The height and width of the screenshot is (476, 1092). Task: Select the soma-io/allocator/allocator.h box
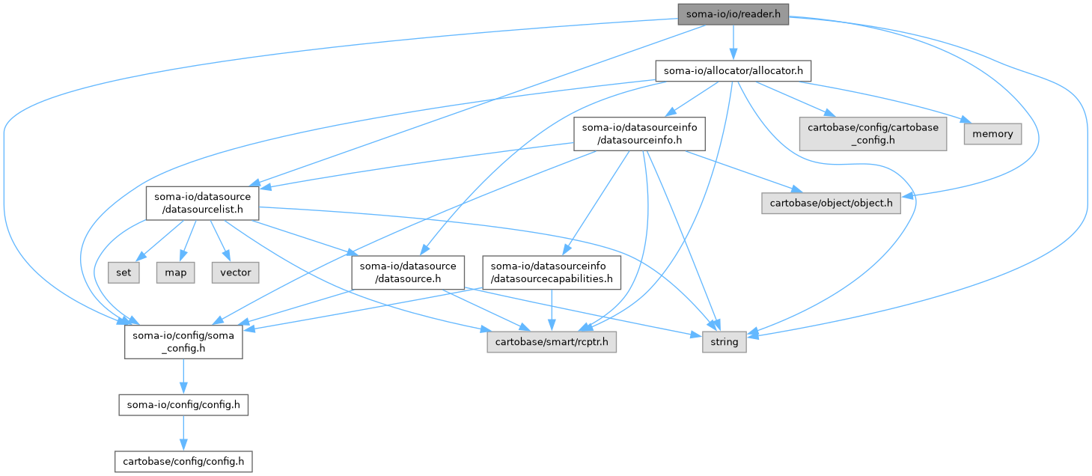coord(733,71)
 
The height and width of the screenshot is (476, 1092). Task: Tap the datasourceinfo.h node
coord(629,133)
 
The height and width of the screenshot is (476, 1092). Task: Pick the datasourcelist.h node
coord(202,203)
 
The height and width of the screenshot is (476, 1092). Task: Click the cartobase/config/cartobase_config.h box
coord(873,133)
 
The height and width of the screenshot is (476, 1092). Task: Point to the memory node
coord(992,134)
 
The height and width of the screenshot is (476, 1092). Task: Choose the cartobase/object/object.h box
coord(832,203)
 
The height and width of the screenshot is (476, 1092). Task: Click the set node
coord(123,272)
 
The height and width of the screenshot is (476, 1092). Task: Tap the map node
coord(176,272)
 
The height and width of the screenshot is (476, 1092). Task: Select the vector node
coord(235,272)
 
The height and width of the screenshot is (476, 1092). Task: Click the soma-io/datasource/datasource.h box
coord(408,272)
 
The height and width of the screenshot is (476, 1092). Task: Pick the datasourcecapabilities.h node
coord(552,272)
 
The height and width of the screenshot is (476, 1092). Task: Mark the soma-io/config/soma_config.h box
coord(183,342)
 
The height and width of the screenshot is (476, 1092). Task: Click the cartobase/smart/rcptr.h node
coord(552,342)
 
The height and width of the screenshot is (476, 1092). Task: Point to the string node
coord(724,342)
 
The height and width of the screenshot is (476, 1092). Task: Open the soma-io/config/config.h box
coord(183,406)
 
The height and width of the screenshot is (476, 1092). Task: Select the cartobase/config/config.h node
coord(183,461)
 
